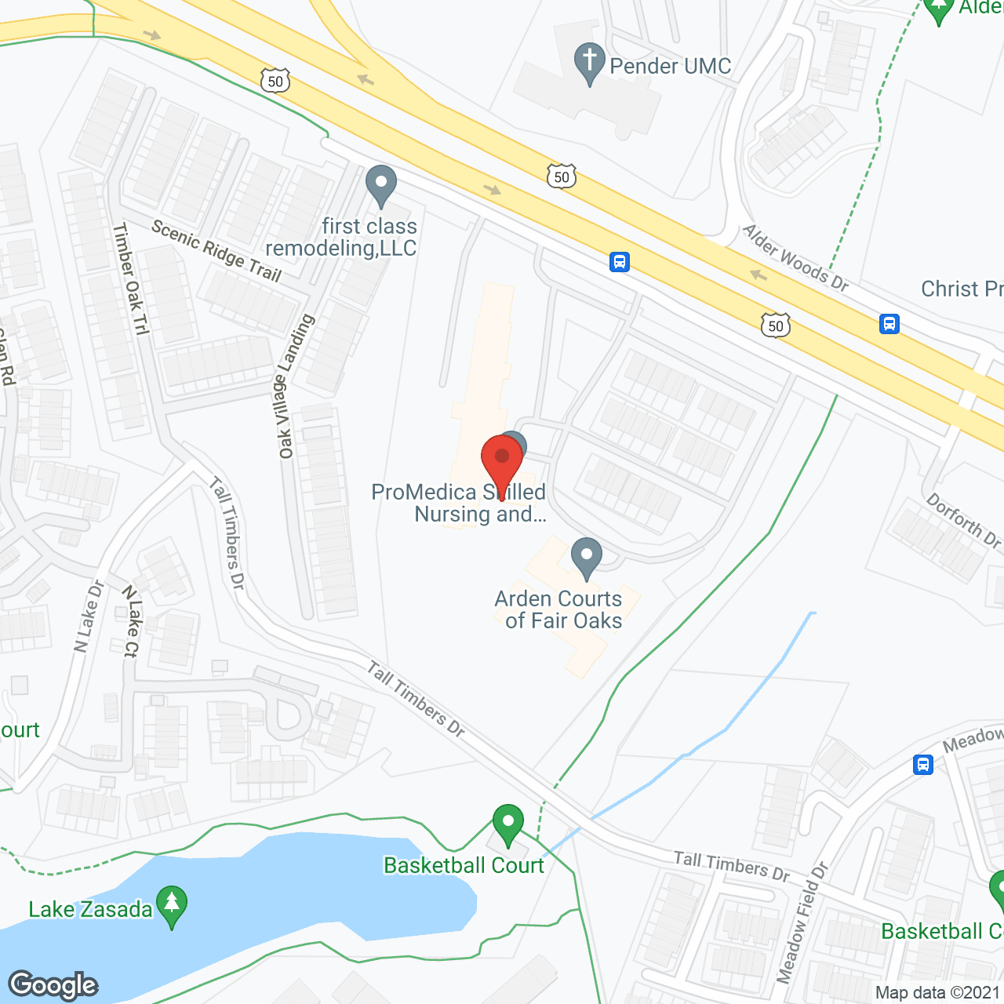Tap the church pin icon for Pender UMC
pos(589,62)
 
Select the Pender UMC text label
pos(671,67)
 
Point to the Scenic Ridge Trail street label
pos(216,250)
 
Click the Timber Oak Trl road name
pos(130,278)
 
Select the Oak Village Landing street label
pos(296,386)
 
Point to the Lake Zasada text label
pos(90,910)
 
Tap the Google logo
pos(53,984)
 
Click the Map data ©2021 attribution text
pos(938,993)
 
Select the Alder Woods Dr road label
pos(795,258)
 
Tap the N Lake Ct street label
pos(131,620)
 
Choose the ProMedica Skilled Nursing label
pos(459,503)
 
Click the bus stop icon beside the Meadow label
pos(923,764)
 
